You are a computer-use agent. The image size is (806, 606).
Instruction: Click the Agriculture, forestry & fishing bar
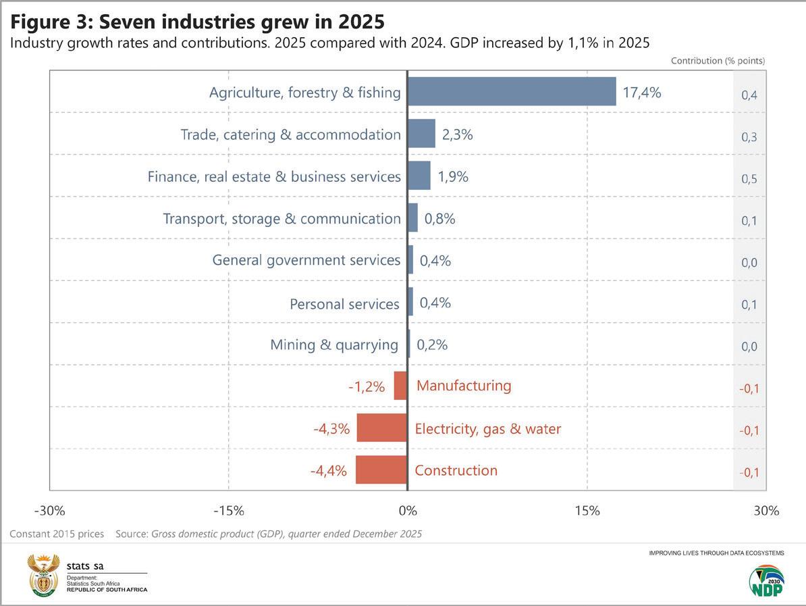[x=512, y=92]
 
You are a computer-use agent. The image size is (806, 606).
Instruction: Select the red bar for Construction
[x=381, y=470]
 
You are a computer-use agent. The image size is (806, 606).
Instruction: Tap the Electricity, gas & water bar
[x=382, y=428]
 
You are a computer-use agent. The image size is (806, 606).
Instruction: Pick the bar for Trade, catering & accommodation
[x=422, y=134]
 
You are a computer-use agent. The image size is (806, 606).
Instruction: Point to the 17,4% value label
[x=641, y=93]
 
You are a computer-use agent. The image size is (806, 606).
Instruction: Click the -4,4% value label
[x=329, y=471]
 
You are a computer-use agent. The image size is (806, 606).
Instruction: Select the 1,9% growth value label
[x=453, y=176]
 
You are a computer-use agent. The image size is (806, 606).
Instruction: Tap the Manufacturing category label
[x=464, y=386]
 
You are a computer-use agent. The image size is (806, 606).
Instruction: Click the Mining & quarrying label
[x=334, y=345]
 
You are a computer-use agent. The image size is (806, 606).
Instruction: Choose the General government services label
[x=306, y=260]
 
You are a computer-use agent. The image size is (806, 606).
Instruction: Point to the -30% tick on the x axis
[x=49, y=511]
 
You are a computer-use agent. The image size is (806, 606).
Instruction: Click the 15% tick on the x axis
[x=587, y=511]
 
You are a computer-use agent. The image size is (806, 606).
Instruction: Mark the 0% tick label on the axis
[x=407, y=511]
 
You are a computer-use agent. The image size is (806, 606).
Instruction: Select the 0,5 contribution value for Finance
[x=749, y=179]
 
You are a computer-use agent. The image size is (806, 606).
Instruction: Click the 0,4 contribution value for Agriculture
[x=749, y=95]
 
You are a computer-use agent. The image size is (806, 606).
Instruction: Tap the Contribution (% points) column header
[x=718, y=61]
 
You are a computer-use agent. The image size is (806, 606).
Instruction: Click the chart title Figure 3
[x=197, y=22]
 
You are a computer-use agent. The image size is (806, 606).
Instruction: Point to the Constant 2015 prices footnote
[x=57, y=534]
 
